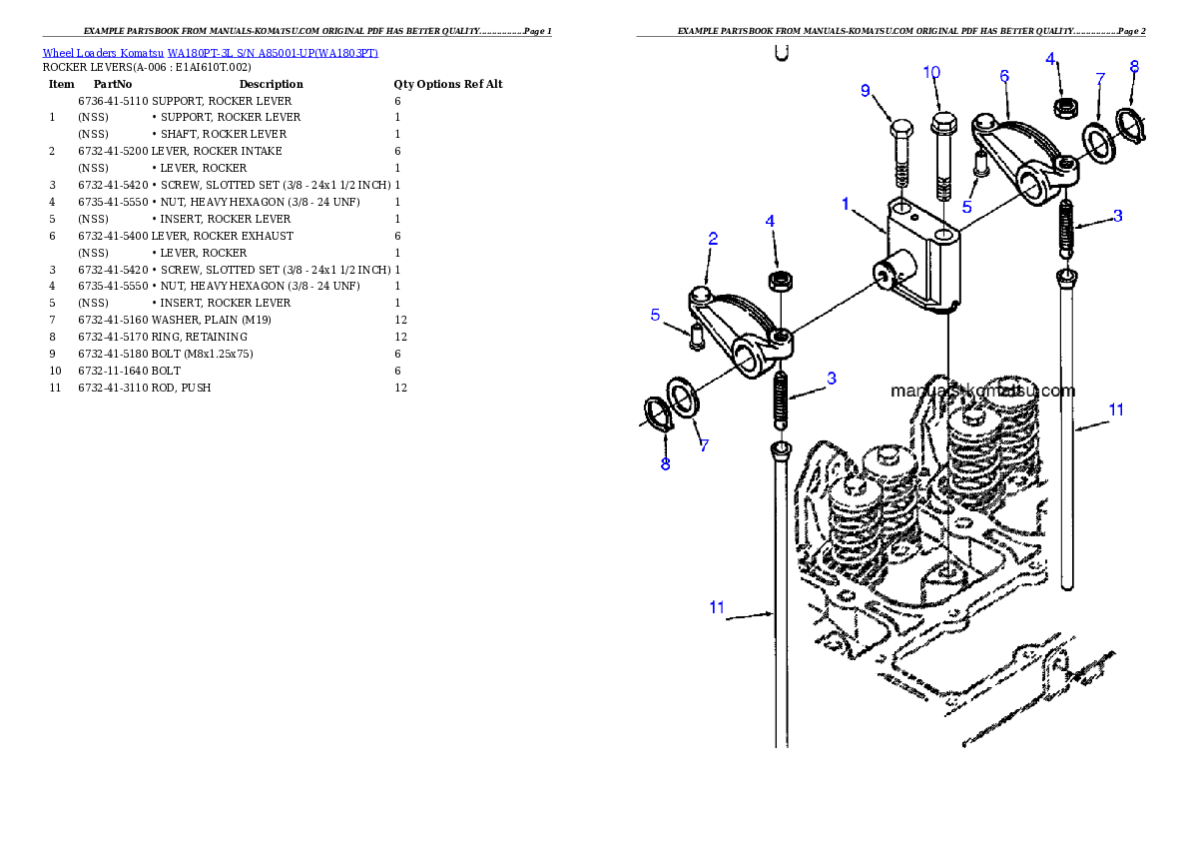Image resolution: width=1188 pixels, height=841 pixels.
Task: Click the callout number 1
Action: pos(845,205)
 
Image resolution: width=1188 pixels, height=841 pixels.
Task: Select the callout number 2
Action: pos(713,239)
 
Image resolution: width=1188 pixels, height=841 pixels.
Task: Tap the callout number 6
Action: pos(1004,76)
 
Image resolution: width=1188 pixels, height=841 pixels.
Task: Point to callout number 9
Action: pos(866,91)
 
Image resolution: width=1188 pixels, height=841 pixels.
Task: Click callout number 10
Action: pos(931,73)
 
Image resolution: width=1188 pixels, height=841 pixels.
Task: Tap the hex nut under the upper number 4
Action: pos(1064,105)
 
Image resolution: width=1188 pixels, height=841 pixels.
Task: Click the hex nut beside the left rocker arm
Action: pos(780,281)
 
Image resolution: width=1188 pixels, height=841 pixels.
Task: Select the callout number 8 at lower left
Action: pos(665,464)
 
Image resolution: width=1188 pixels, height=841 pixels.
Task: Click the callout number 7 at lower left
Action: pos(704,446)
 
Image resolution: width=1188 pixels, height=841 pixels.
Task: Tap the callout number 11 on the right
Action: pos(1116,411)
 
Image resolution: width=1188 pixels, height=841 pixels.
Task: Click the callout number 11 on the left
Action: pos(717,607)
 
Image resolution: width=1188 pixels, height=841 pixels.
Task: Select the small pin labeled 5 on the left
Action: pos(695,337)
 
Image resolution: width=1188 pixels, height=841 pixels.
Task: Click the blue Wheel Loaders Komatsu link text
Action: pos(210,53)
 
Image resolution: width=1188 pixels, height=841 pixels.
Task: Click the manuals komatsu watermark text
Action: pos(982,392)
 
